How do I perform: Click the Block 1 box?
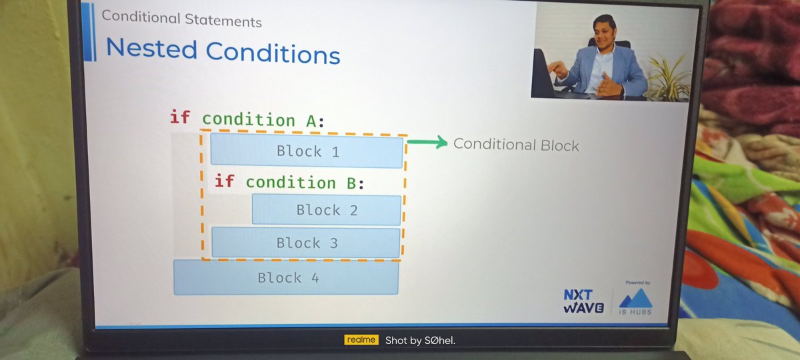tap(307, 151)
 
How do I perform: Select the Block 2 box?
tap(327, 210)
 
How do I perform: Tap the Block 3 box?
tap(306, 243)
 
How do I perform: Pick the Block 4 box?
tap(286, 277)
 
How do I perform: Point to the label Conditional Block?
tap(516, 145)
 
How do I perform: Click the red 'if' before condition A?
tap(180, 118)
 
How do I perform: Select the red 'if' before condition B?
tap(224, 181)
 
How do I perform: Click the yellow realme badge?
tap(361, 340)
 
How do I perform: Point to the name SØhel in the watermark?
tap(438, 341)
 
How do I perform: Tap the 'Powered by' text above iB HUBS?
tap(637, 282)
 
